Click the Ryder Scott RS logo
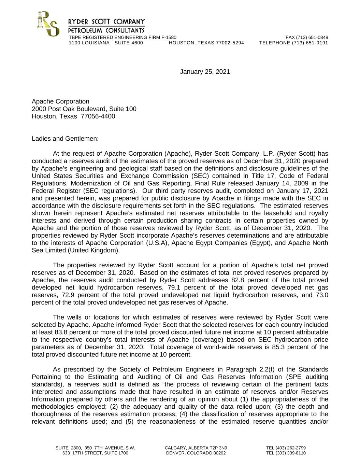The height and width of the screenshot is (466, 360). (48, 24)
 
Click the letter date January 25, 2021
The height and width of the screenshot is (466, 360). (205, 72)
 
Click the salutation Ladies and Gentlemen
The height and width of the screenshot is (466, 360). (65, 139)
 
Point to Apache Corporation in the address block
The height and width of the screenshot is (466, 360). (60, 101)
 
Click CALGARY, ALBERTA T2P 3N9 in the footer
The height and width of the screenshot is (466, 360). (196, 448)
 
